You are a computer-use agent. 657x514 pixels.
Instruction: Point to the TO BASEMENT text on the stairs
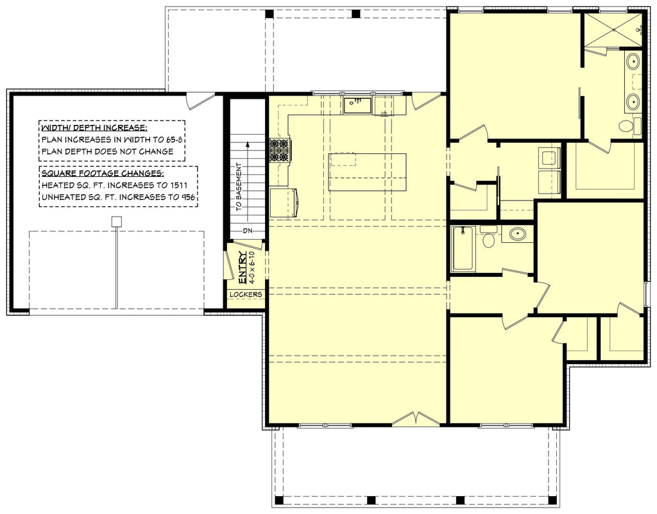click(239, 189)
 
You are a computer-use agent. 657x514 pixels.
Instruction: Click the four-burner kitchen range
click(280, 150)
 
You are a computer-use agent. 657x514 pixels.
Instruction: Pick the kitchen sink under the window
click(357, 105)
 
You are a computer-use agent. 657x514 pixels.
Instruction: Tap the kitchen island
click(367, 172)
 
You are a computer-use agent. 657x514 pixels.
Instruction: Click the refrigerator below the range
click(283, 203)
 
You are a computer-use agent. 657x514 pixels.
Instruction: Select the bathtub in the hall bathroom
click(463, 249)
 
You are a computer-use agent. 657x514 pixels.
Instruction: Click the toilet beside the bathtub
click(488, 238)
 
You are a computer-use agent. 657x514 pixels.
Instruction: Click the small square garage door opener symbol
click(116, 222)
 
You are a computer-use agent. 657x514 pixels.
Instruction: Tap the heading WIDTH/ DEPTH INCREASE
click(94, 127)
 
